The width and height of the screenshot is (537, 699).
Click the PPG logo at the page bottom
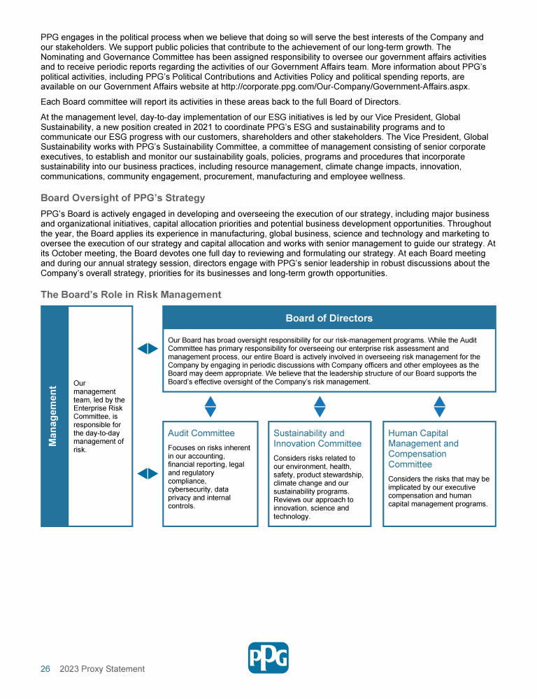pyautogui.click(x=268, y=657)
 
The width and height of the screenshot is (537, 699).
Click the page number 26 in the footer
pyautogui.click(x=45, y=669)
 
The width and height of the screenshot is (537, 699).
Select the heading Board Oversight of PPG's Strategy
pyautogui.click(x=122, y=198)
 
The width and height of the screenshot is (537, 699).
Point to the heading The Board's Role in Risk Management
pyautogui.click(x=131, y=294)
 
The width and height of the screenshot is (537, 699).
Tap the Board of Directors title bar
pyautogui.click(x=329, y=318)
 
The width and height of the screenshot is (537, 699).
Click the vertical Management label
pyautogui.click(x=54, y=416)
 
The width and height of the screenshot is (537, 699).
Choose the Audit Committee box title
pyautogui.click(x=201, y=433)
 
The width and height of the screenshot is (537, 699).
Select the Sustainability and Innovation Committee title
pyautogui.click(x=317, y=438)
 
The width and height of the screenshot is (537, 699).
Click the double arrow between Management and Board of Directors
pyautogui.click(x=148, y=348)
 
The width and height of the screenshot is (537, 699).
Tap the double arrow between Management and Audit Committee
pyautogui.click(x=148, y=473)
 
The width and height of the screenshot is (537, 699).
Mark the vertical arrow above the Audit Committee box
pyautogui.click(x=210, y=407)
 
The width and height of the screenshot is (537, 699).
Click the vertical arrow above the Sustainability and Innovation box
pyautogui.click(x=320, y=407)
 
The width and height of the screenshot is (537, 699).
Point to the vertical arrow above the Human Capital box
pyautogui.click(x=440, y=407)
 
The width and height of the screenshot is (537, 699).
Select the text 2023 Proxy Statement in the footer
pyautogui.click(x=102, y=669)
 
